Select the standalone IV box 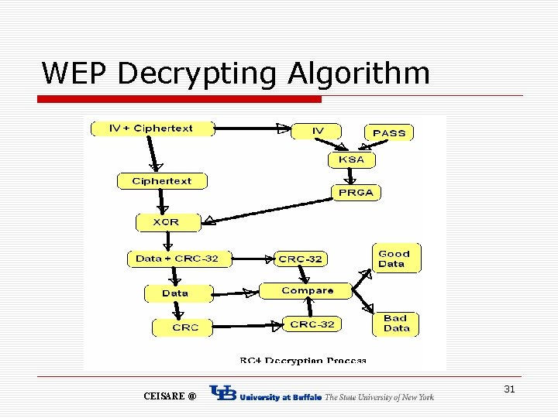tap(318, 131)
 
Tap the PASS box tap(388, 132)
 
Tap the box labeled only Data tap(175, 293)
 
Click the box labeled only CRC tap(184, 327)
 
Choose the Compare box tap(307, 290)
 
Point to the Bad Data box tap(396, 323)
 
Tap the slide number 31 tap(509, 389)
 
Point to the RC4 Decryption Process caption tap(302, 360)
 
